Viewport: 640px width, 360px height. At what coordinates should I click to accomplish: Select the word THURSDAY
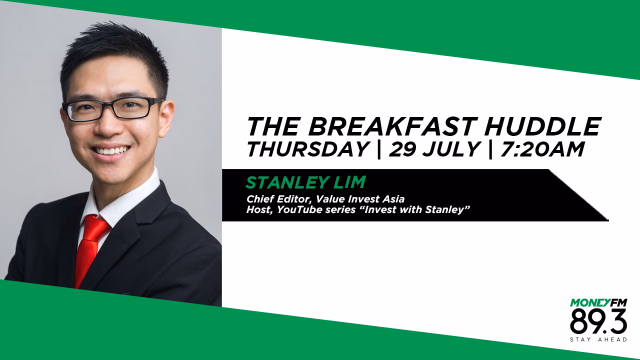[x=307, y=149]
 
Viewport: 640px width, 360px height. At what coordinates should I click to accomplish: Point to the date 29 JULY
[x=433, y=149]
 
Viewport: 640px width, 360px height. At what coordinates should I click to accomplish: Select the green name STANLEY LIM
[x=305, y=182]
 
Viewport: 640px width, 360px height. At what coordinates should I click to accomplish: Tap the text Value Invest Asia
[x=360, y=198]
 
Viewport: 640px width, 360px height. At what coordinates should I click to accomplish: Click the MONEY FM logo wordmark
[x=598, y=302]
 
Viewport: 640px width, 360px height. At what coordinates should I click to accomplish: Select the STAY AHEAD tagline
[x=598, y=339]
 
